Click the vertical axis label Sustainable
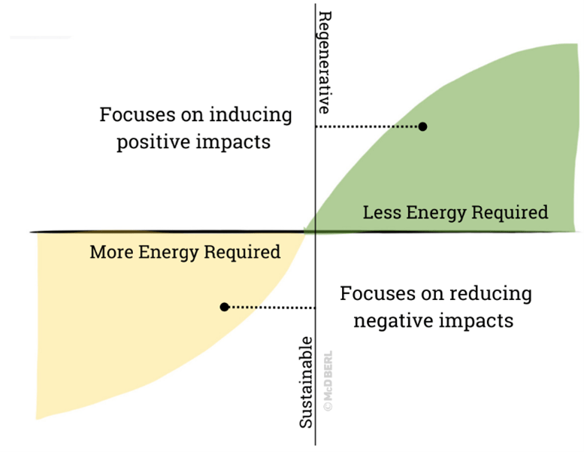(307, 383)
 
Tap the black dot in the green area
(422, 126)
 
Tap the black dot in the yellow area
(224, 307)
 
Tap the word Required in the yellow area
(244, 252)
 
